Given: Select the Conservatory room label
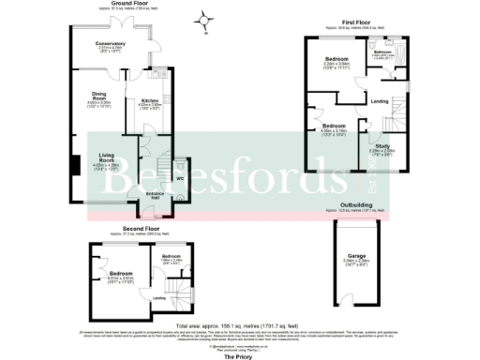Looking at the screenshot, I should (110, 43).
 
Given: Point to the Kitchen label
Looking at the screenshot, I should (151, 100).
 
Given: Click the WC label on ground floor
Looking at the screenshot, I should (179, 177).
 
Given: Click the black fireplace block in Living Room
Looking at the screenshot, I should (70, 165).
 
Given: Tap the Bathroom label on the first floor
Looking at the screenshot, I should (382, 52).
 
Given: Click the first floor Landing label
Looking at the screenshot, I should (380, 100).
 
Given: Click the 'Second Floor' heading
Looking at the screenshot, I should (139, 227).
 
